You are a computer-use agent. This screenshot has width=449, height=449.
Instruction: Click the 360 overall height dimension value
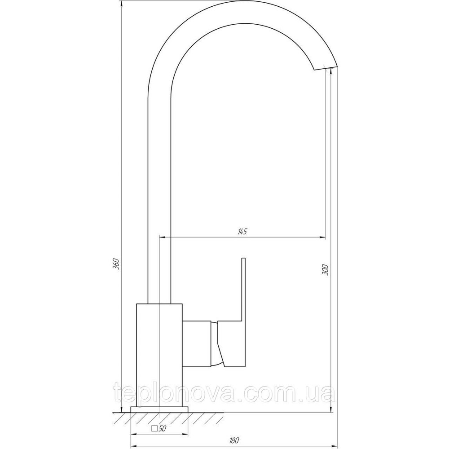[x=115, y=264]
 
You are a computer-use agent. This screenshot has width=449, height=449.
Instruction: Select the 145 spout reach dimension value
[x=242, y=232]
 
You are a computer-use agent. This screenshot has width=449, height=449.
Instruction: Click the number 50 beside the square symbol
[x=163, y=428]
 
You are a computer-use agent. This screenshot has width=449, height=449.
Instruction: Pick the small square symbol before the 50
[x=154, y=428]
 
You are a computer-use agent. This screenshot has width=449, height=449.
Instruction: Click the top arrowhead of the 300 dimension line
[x=331, y=72]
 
